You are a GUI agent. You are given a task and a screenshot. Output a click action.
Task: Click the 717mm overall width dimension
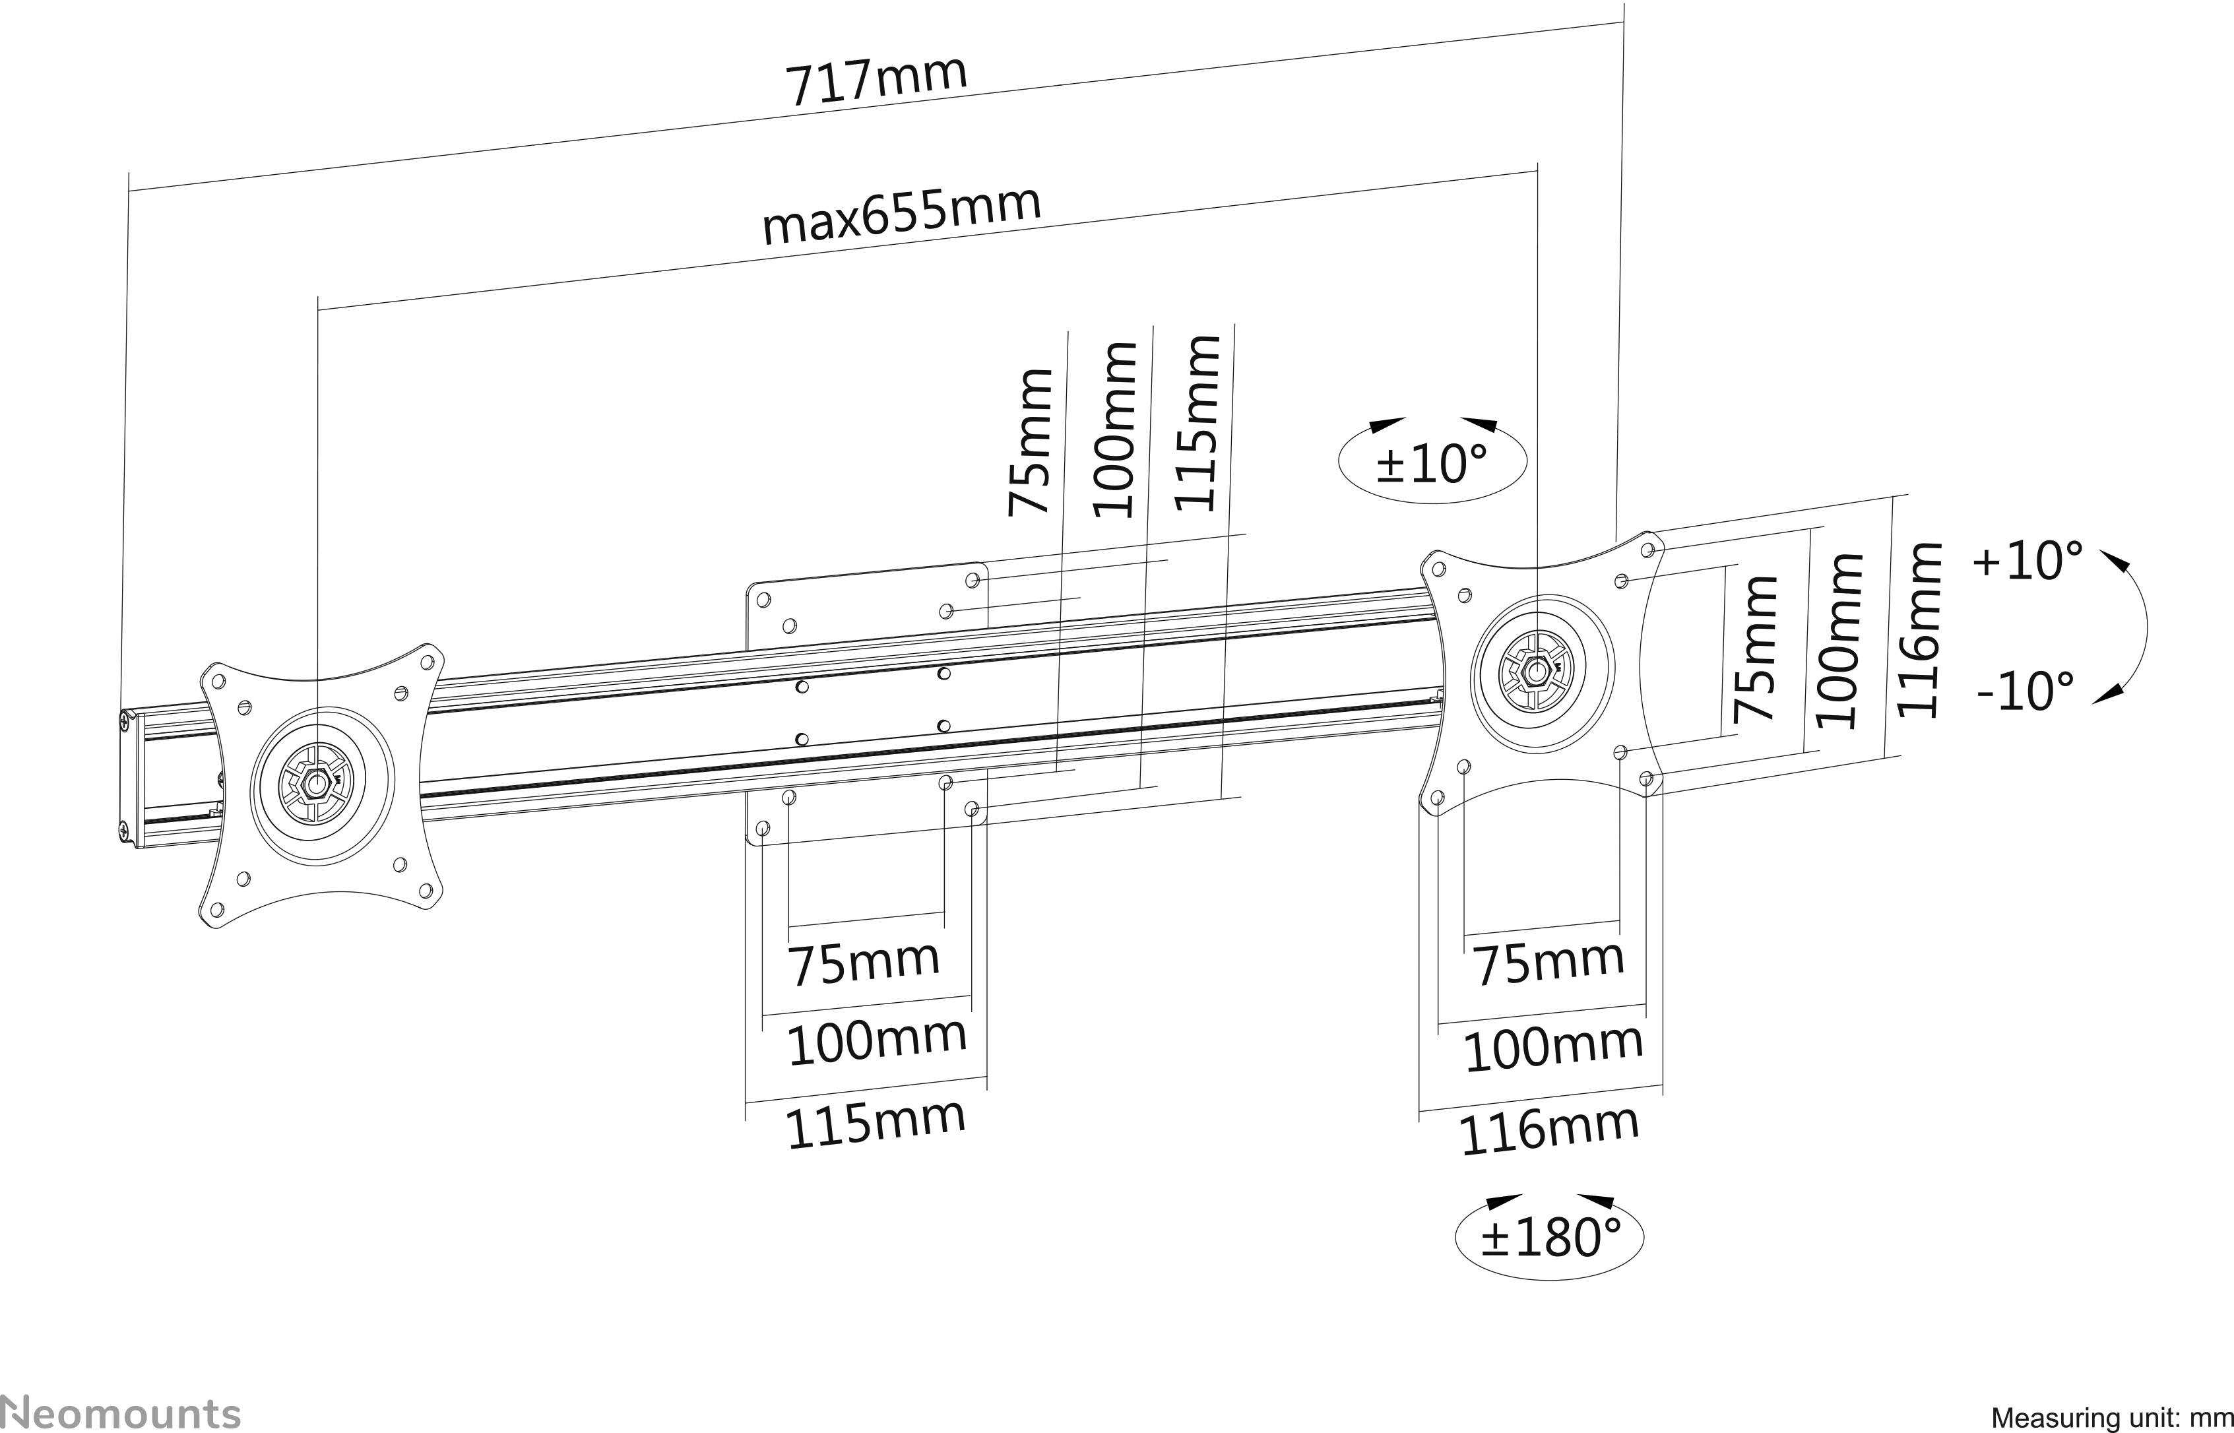876,81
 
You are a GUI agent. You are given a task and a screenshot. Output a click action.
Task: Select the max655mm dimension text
901,216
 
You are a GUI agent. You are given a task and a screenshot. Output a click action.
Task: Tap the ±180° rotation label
1550,1236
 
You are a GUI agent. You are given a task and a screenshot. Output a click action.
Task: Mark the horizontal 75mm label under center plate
864,963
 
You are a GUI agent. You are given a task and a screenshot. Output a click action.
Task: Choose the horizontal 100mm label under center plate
876,1041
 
